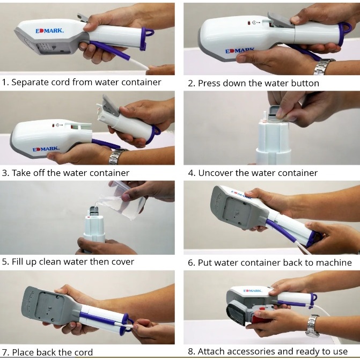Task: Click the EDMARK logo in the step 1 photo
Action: [49, 31]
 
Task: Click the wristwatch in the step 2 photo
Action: [324, 67]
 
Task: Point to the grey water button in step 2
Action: [281, 20]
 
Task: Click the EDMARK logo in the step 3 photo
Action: [46, 149]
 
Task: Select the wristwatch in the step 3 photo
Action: [117, 156]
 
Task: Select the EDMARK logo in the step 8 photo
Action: [252, 291]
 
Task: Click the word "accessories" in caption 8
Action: [251, 351]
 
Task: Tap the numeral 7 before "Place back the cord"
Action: [5, 352]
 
